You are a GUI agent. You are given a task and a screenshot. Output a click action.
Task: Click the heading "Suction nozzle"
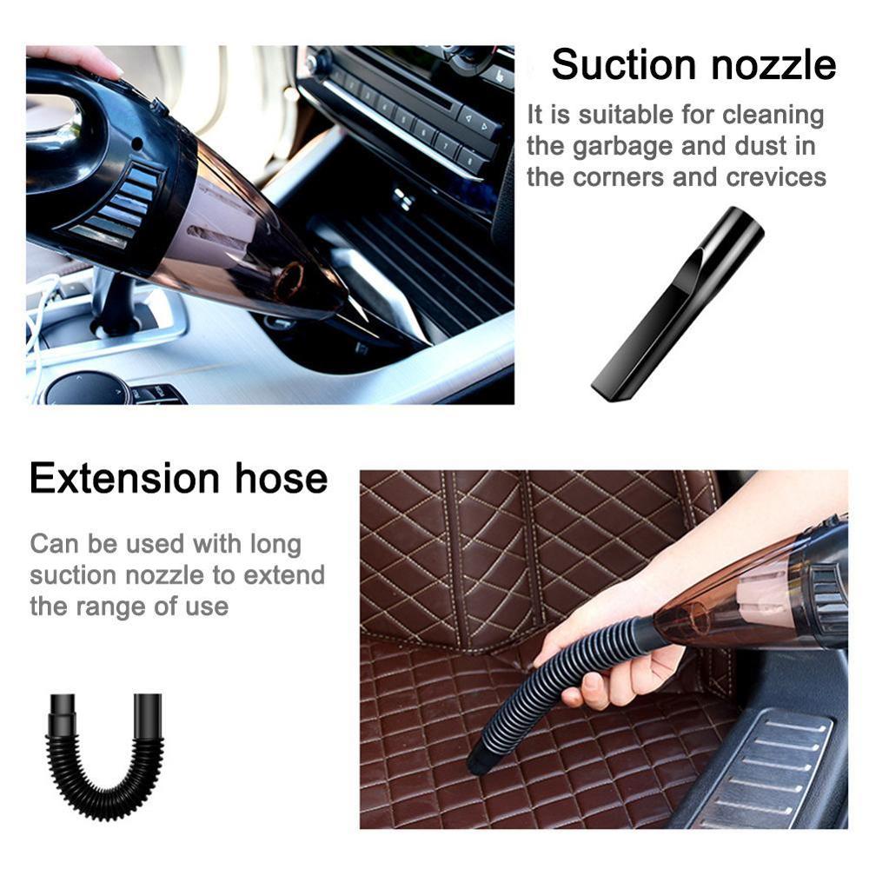693,65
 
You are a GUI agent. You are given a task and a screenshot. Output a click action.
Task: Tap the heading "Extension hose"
179,478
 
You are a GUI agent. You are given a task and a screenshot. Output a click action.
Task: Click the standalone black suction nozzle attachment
678,304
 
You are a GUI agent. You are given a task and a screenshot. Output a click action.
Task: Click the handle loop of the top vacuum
61,130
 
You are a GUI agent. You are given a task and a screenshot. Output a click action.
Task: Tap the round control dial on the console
87,388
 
